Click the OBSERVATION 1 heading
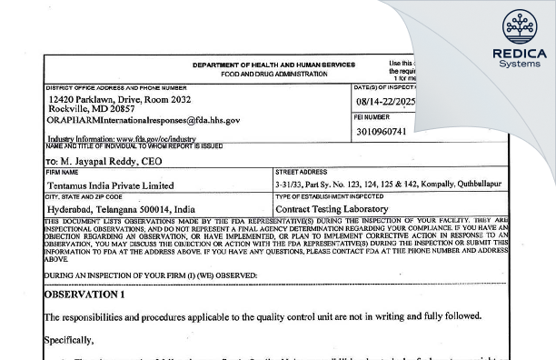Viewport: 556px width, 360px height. [x=86, y=294]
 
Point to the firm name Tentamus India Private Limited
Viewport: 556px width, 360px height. [x=109, y=185]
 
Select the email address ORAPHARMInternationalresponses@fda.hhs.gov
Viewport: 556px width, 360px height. [x=144, y=120]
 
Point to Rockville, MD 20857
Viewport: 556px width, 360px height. [x=93, y=107]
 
